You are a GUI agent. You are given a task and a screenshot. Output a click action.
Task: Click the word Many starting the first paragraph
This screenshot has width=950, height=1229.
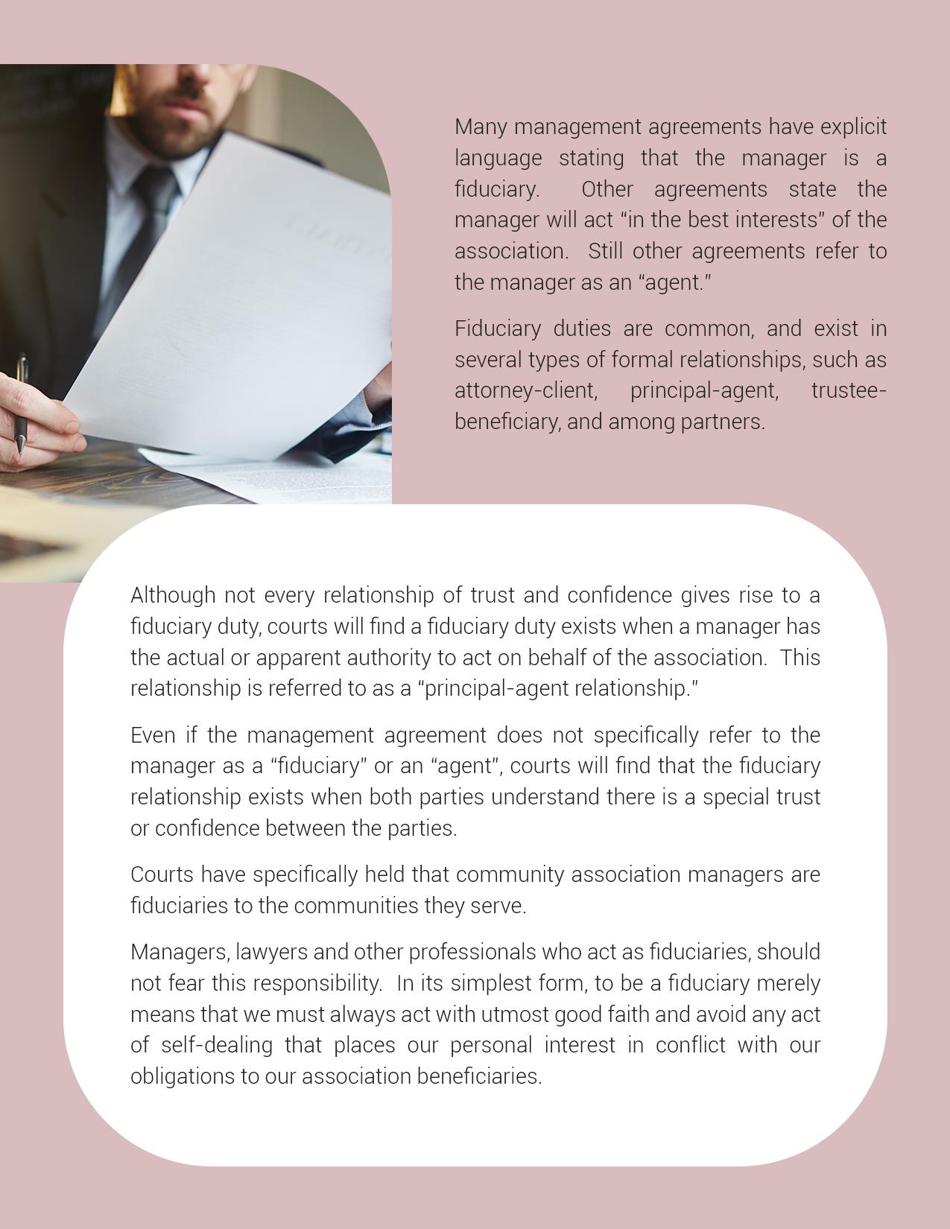pyautogui.click(x=481, y=127)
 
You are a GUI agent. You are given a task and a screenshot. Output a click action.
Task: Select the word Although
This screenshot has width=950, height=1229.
pyautogui.click(x=173, y=595)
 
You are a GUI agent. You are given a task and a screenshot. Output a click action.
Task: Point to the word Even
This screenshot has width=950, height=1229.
pyautogui.click(x=153, y=735)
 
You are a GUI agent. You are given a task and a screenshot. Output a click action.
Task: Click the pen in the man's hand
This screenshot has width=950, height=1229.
pyautogui.click(x=21, y=403)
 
